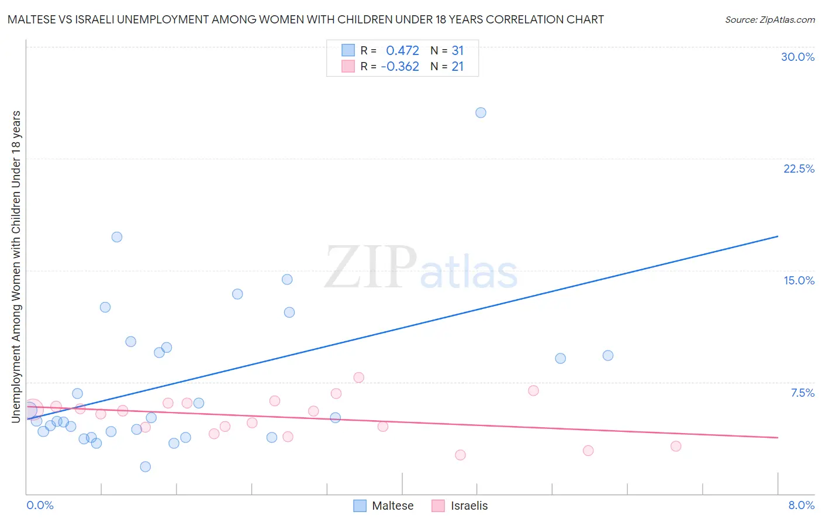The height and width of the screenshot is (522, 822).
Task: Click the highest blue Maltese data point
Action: click(x=481, y=112)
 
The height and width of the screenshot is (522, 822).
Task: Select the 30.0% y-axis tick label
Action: click(x=797, y=57)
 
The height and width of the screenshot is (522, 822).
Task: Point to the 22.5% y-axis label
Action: click(x=799, y=169)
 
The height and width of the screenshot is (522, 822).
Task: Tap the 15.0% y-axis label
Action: click(x=799, y=280)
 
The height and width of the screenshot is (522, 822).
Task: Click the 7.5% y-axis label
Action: click(x=802, y=393)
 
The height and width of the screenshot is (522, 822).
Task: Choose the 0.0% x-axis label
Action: click(x=40, y=505)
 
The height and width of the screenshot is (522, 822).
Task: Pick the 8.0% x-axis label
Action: click(x=801, y=505)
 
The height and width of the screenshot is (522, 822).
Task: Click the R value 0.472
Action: click(x=402, y=50)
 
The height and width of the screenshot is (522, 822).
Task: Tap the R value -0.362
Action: click(x=400, y=66)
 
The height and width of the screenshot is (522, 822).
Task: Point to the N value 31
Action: click(x=457, y=50)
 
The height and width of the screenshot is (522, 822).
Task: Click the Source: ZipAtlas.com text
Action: click(x=769, y=19)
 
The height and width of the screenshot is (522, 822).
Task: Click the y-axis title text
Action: click(x=16, y=266)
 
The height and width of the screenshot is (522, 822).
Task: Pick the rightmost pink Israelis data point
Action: click(x=676, y=446)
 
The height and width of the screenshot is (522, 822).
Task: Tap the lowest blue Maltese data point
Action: click(x=146, y=466)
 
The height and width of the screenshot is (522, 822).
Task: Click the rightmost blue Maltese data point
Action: click(x=608, y=355)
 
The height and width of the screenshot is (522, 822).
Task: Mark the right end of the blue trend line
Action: click(x=778, y=236)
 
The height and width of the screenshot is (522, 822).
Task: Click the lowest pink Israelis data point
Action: click(x=460, y=455)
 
